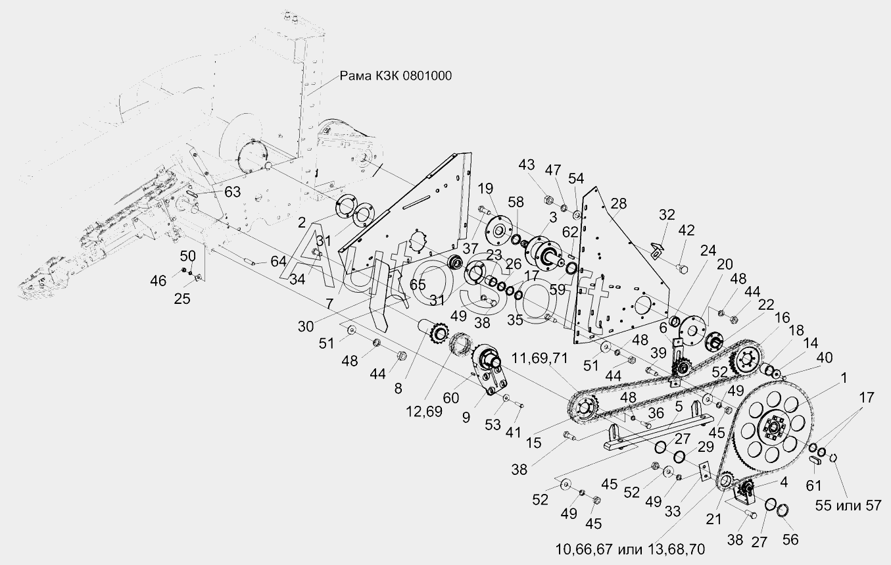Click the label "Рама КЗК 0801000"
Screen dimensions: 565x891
click(396, 76)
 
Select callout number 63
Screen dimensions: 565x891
click(232, 192)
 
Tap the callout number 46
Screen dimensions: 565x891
click(158, 282)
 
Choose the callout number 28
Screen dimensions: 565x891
click(619, 204)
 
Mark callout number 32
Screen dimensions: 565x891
click(667, 215)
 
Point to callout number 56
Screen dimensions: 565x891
click(790, 539)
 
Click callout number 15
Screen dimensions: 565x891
click(533, 444)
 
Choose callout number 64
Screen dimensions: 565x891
click(278, 261)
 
